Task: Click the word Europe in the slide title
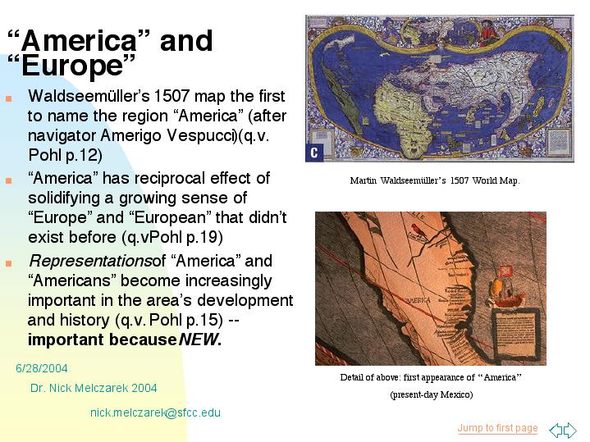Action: (x=72, y=66)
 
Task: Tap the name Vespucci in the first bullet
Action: (x=202, y=135)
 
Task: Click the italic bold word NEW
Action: (x=198, y=339)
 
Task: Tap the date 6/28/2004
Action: (x=42, y=368)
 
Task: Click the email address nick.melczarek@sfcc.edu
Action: (x=155, y=412)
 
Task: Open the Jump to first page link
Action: (x=497, y=428)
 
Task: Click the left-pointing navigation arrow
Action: (x=556, y=429)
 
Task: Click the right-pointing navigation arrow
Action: (x=570, y=429)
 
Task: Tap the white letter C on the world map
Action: (x=313, y=153)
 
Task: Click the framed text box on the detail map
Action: (x=516, y=333)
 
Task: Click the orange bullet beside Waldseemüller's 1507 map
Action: (x=9, y=99)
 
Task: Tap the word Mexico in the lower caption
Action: (x=455, y=394)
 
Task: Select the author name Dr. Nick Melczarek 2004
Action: (x=94, y=388)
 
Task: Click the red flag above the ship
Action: (x=505, y=271)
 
